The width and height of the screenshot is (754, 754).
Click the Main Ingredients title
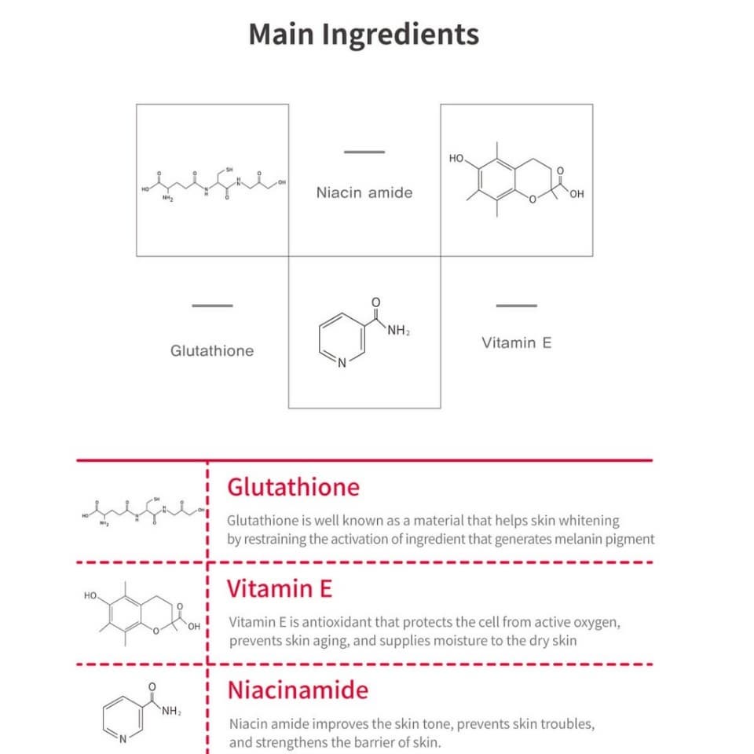click(x=364, y=35)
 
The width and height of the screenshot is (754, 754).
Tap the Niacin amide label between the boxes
click(x=364, y=193)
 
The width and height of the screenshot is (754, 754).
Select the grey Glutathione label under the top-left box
click(x=212, y=350)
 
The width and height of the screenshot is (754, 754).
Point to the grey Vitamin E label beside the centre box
click(x=517, y=343)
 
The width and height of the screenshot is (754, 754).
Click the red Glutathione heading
click(x=293, y=487)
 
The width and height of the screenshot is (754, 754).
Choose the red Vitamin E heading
click(x=280, y=588)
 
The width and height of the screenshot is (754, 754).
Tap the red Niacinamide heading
click(x=298, y=690)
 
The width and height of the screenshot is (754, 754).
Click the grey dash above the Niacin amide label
click(x=364, y=152)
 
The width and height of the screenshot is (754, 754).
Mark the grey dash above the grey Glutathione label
click(x=212, y=306)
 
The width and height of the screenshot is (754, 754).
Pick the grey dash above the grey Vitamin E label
click(x=517, y=306)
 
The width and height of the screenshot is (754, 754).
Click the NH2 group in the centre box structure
click(x=399, y=331)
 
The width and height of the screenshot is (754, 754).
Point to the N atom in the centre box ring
click(x=342, y=363)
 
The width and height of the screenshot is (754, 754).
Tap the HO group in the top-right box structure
click(x=456, y=159)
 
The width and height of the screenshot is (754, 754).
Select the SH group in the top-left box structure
click(x=229, y=170)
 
